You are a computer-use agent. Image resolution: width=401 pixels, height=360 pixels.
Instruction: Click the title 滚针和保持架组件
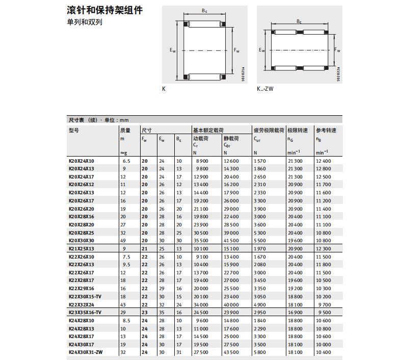tap(104, 10)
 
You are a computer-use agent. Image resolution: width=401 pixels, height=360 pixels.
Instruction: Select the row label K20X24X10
tap(82, 161)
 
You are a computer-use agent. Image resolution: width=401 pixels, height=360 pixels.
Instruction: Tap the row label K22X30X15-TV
tap(85, 296)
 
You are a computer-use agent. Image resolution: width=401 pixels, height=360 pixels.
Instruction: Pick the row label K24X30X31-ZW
tap(86, 352)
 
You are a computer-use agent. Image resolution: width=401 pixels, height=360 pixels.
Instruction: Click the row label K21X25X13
tap(82, 248)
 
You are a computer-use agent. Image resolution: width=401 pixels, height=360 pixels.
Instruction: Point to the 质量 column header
tap(125, 130)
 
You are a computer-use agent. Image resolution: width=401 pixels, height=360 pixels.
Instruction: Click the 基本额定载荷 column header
tap(208, 130)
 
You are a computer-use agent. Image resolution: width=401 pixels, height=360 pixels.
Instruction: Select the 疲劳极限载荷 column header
tap(269, 130)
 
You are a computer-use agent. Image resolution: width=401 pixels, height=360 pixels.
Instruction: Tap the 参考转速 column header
tap(326, 130)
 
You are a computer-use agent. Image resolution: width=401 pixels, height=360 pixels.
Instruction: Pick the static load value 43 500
tap(231, 352)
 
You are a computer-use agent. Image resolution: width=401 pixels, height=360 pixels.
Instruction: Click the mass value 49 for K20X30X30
tap(123, 240)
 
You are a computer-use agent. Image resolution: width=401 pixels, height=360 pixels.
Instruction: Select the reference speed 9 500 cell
tap(324, 312)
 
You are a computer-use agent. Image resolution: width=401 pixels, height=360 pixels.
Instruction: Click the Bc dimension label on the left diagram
tap(204, 11)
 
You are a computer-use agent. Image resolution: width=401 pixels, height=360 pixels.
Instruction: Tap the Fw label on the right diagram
tap(337, 49)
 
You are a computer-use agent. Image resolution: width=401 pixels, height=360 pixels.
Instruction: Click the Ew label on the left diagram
tap(173, 50)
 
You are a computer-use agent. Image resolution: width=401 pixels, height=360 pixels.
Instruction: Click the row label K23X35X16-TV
tap(85, 312)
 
